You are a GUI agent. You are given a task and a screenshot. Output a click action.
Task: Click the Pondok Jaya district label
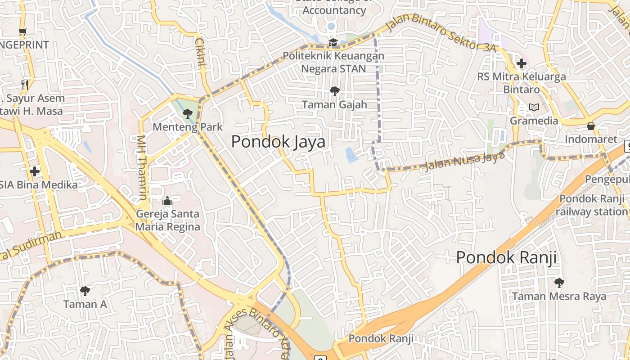point(278,142)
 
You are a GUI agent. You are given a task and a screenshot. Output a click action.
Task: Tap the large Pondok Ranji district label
point(506,258)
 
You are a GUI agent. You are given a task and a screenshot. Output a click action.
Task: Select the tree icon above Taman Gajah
point(334,91)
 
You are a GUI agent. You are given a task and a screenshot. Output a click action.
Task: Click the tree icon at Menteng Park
point(188,113)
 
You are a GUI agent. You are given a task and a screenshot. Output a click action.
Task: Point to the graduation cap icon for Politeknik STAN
point(333,42)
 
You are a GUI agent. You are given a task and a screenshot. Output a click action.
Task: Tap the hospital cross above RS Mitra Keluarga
point(522,63)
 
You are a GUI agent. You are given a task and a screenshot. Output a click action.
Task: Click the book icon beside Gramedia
point(534,108)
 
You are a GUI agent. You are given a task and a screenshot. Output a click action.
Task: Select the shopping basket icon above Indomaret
point(591,126)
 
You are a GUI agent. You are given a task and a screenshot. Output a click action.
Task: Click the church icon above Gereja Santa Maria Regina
point(167,201)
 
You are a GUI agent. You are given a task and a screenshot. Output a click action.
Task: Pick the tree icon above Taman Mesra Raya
point(559,283)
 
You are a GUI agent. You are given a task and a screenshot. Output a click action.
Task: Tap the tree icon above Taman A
point(85,291)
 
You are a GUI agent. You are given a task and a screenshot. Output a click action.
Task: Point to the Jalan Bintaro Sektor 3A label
point(441,34)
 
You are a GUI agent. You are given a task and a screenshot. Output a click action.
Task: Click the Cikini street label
point(200,53)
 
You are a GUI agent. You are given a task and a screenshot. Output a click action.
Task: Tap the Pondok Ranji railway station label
point(592,205)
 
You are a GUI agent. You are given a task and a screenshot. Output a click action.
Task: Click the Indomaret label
point(591,139)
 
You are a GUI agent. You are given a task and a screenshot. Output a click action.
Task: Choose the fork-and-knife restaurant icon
point(25,84)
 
